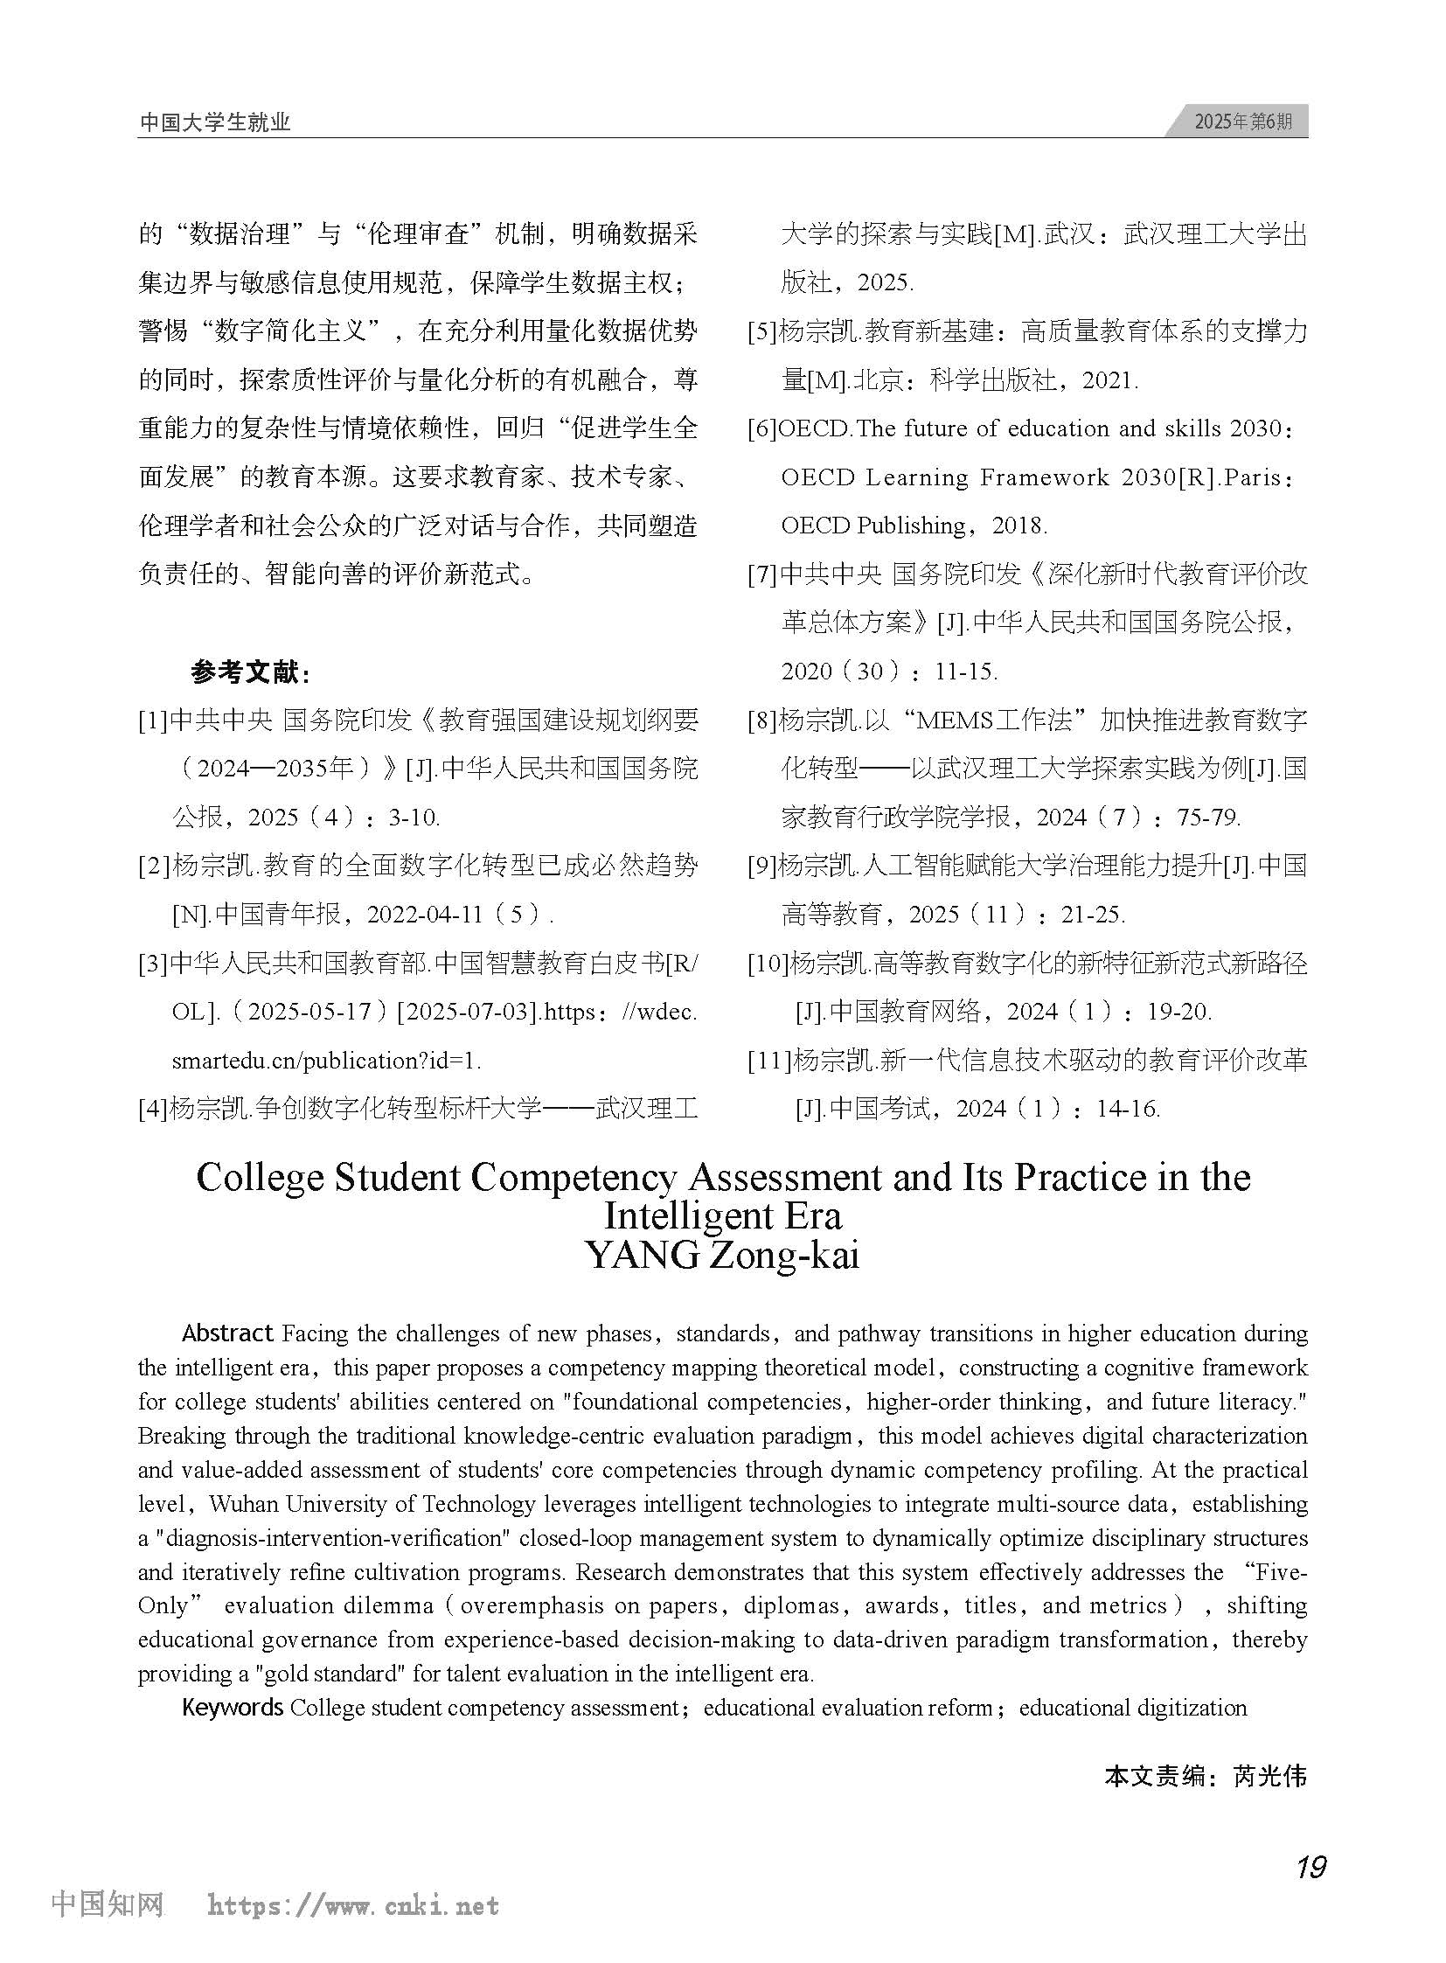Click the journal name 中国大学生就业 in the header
pyautogui.click(x=214, y=122)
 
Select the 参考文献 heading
pyautogui.click(x=249, y=672)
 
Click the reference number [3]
pyautogui.click(x=152, y=964)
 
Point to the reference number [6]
pyautogui.click(x=761, y=429)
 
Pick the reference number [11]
pyautogui.click(x=768, y=1062)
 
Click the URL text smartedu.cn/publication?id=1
pyautogui.click(x=326, y=1062)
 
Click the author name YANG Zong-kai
pyautogui.click(x=722, y=1256)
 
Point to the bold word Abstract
pyautogui.click(x=227, y=1333)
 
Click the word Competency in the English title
pyautogui.click(x=574, y=1179)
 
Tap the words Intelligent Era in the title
pyautogui.click(x=722, y=1216)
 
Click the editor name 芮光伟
pyautogui.click(x=1270, y=1776)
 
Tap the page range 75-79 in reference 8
pyautogui.click(x=1208, y=818)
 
